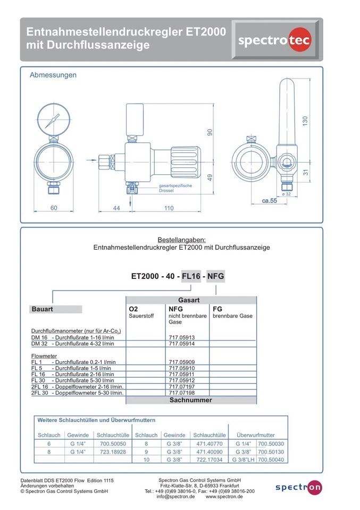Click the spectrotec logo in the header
[x=275, y=40]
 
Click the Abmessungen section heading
[x=53, y=75]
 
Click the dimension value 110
[x=169, y=208]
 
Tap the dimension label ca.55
[x=284, y=201]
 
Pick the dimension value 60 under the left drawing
[x=54, y=208]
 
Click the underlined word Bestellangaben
[x=181, y=240]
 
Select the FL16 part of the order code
[x=191, y=276]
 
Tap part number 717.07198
[x=181, y=393]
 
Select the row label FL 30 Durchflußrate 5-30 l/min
[x=73, y=380]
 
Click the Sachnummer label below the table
[x=191, y=399]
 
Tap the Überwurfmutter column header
[x=255, y=435]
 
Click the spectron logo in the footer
[x=298, y=487]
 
